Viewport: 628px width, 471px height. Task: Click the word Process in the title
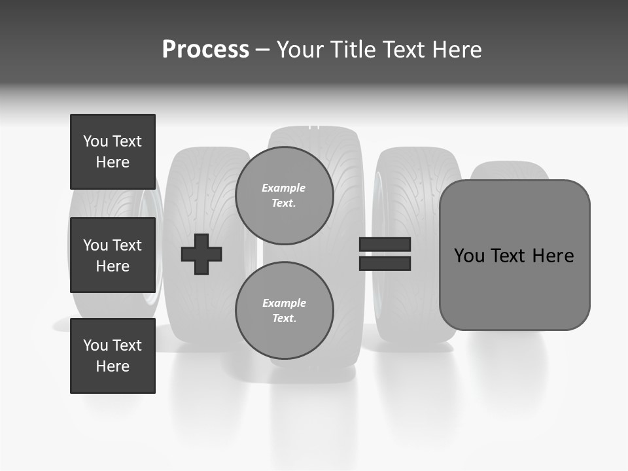[x=205, y=50]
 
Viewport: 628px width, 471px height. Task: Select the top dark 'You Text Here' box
[x=113, y=152]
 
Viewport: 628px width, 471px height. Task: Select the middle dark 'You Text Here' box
[x=113, y=255]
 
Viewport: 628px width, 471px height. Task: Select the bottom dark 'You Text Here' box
[x=113, y=356]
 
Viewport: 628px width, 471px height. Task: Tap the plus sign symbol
[x=201, y=255]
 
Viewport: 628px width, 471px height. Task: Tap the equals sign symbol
[x=385, y=254]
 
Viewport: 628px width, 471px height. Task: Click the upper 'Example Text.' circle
[x=285, y=195]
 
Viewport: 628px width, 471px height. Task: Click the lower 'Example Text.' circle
[x=285, y=310]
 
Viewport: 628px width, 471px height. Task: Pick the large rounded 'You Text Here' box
[x=514, y=255]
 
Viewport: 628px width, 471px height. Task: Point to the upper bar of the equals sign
[x=385, y=245]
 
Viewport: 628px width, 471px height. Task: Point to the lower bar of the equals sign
[x=385, y=264]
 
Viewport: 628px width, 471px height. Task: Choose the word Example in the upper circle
[x=284, y=188]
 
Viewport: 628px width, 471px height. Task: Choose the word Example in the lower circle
[x=284, y=303]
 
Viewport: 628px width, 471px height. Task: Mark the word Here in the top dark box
[x=113, y=162]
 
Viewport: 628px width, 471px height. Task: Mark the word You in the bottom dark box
[x=96, y=345]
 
